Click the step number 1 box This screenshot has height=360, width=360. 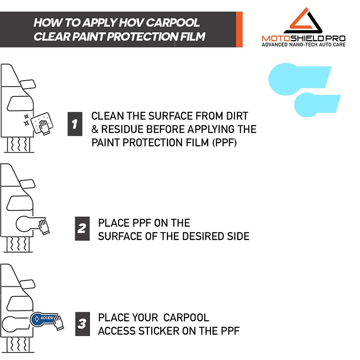[75, 124]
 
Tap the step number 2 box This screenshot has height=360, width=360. [82, 229]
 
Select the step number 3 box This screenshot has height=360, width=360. [82, 323]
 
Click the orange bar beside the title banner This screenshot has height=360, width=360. [239, 29]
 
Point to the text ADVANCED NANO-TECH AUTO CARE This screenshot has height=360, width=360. [304, 45]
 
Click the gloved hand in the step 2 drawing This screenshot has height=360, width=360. [44, 227]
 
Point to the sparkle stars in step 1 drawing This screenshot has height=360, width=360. [26, 120]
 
